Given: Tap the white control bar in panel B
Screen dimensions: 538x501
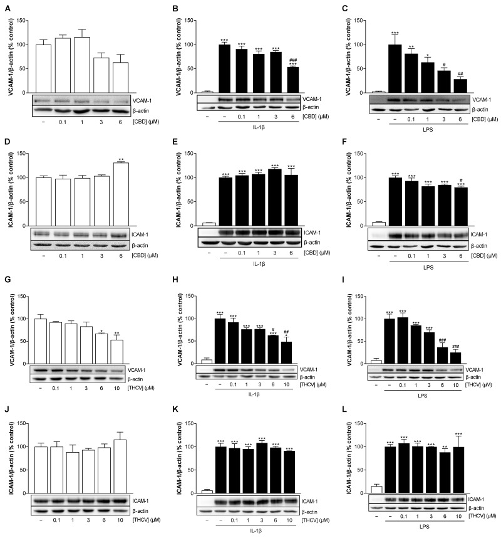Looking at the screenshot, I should (x=207, y=92).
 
